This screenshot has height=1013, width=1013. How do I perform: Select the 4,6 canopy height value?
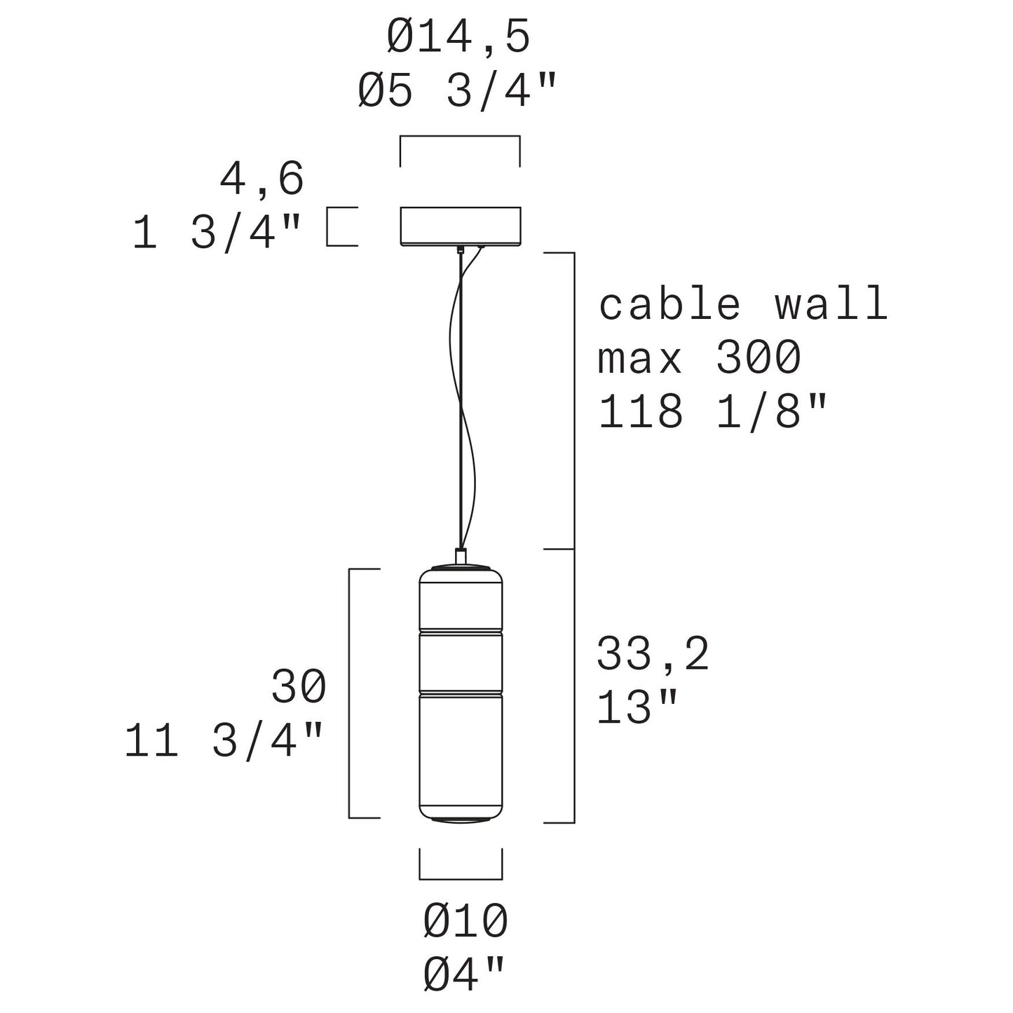(x=262, y=179)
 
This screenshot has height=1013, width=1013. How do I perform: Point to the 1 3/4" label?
(x=217, y=233)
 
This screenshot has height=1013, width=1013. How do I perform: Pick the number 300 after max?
(x=759, y=358)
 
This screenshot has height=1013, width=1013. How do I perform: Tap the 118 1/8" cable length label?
(x=713, y=412)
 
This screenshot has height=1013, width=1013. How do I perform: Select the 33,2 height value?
(x=653, y=655)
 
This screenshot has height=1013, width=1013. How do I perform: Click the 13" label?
(x=638, y=708)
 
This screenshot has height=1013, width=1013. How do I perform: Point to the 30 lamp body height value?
(x=299, y=687)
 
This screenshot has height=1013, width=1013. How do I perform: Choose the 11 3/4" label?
(x=224, y=741)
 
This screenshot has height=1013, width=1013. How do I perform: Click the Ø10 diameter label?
(x=465, y=922)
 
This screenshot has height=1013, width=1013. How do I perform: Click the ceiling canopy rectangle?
(x=460, y=226)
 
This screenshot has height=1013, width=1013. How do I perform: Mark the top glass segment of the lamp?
(x=461, y=599)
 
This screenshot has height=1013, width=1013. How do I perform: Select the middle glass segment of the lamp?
(x=461, y=662)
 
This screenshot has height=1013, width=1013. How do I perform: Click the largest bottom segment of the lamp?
(x=461, y=754)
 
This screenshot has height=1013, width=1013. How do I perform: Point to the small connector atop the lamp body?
(x=461, y=556)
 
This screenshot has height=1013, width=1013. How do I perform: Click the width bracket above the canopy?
(x=460, y=137)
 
